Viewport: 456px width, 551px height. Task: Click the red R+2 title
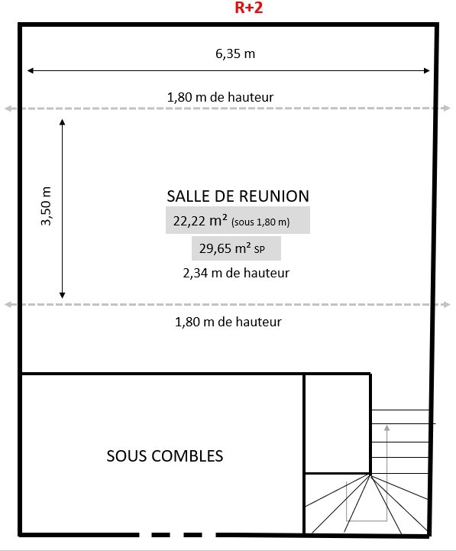[249, 8]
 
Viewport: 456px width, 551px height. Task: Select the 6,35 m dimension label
[235, 53]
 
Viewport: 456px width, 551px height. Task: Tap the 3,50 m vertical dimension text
[46, 206]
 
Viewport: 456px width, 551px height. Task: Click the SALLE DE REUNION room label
[238, 196]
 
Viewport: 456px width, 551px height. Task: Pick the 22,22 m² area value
[200, 221]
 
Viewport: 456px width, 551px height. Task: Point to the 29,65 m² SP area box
[236, 248]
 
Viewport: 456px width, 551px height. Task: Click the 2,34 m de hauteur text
[236, 273]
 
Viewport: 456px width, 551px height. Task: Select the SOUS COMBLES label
[165, 455]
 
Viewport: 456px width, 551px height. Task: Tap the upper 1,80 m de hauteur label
[220, 97]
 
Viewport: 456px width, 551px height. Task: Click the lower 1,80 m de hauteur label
[228, 322]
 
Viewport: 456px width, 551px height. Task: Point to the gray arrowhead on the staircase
[386, 428]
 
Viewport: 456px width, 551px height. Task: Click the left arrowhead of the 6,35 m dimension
[31, 70]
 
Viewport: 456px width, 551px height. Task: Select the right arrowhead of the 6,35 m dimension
[427, 70]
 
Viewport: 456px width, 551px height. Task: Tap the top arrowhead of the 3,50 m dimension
[62, 122]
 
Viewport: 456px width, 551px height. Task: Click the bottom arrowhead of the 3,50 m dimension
[62, 295]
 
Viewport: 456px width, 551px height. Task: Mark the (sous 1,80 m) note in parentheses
[260, 222]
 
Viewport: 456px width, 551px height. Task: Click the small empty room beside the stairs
[337, 423]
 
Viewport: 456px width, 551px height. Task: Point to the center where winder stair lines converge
[370, 474]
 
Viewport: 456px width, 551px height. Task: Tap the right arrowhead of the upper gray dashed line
[447, 108]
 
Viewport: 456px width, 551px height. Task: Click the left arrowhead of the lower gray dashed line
[8, 304]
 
